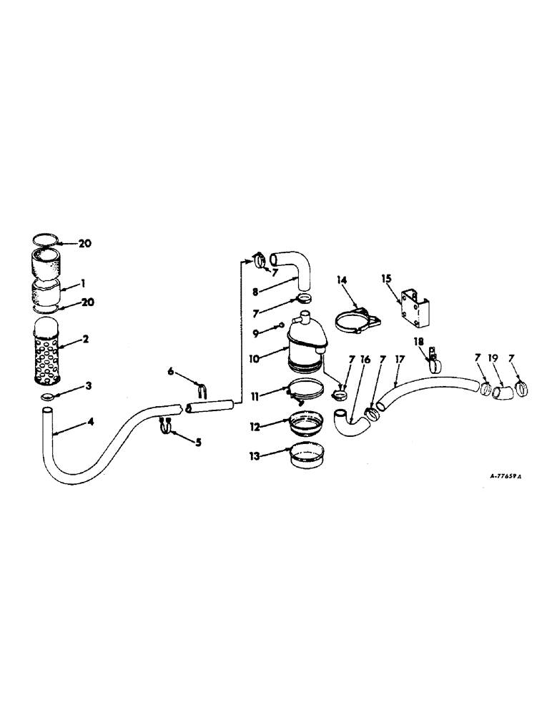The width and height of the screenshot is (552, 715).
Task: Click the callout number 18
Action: (419, 343)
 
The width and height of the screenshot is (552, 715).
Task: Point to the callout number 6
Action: (170, 370)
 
